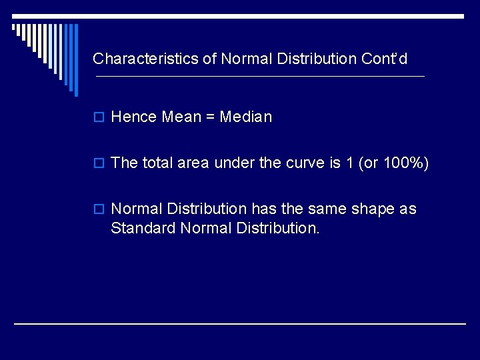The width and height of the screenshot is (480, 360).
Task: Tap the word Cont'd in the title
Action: pos(384,59)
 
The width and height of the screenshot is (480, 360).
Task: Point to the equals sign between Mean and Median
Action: pos(210,118)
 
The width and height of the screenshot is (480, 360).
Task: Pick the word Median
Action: pos(246,117)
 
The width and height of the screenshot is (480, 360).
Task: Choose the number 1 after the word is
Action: pos(349,163)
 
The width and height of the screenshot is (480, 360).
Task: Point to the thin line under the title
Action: pos(260,77)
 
